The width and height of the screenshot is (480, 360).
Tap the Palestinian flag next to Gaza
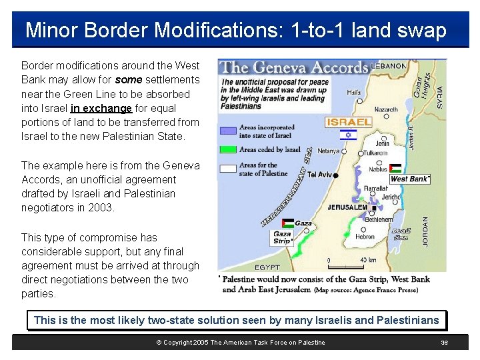coord(287,223)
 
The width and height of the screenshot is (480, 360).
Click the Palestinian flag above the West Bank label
coord(395,169)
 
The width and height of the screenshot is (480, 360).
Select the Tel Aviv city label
coord(320,175)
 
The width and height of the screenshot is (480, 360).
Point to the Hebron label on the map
coord(365,236)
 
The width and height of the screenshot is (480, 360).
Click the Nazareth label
coord(386,109)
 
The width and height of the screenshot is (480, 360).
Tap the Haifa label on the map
coord(355,93)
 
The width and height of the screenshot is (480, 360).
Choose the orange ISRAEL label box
coord(349,122)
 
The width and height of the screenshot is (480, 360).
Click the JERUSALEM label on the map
coord(347,207)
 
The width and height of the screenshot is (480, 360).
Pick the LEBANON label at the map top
coord(389,66)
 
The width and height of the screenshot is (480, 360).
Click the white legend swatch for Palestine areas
coord(228,169)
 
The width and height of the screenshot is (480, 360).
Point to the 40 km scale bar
coord(350,260)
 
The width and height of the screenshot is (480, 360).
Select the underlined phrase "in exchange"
coord(101,108)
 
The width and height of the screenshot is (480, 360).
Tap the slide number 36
coord(445,343)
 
